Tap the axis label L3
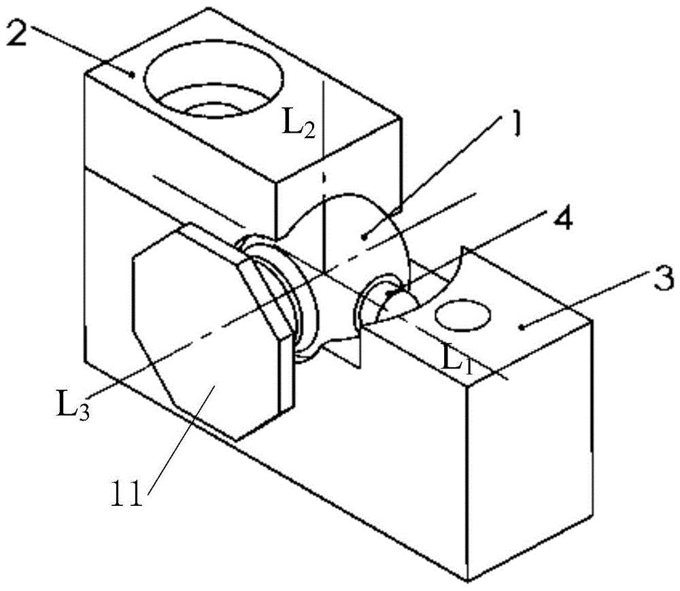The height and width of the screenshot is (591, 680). (73, 406)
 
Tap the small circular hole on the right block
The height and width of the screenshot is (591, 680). (462, 316)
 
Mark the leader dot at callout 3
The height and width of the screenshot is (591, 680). (523, 328)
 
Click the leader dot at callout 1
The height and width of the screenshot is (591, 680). (366, 237)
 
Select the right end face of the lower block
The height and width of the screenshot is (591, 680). (529, 451)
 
